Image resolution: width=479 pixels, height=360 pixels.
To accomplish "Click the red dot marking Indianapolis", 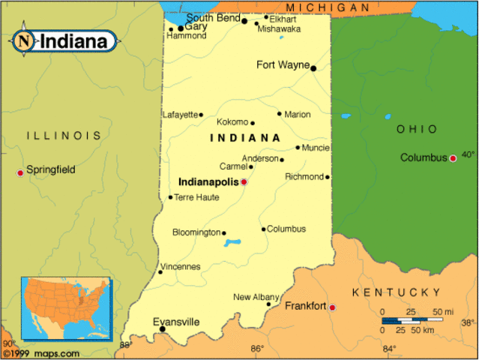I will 244,181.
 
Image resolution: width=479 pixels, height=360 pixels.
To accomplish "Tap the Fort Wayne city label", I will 283,64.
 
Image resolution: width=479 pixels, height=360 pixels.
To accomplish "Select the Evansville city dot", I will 162,329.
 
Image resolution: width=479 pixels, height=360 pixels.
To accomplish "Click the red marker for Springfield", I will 20,173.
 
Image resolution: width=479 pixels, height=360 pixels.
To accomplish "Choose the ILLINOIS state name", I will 64,136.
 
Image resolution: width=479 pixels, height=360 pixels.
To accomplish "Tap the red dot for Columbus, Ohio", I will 453,158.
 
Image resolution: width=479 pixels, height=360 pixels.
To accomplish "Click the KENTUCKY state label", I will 397,292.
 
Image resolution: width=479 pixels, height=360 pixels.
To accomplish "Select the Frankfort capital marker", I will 332,307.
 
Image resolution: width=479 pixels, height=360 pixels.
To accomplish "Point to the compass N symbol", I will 25,40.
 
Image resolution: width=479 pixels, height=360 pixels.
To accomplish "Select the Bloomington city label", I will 196,232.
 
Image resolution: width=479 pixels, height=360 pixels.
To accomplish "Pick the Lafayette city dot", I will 201,115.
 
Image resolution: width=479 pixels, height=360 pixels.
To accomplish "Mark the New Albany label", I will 251,297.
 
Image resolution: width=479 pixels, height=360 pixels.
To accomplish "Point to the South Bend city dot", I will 244,21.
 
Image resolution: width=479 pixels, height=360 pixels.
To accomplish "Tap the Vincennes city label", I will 181,266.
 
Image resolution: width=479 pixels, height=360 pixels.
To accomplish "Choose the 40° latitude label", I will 468,155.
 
